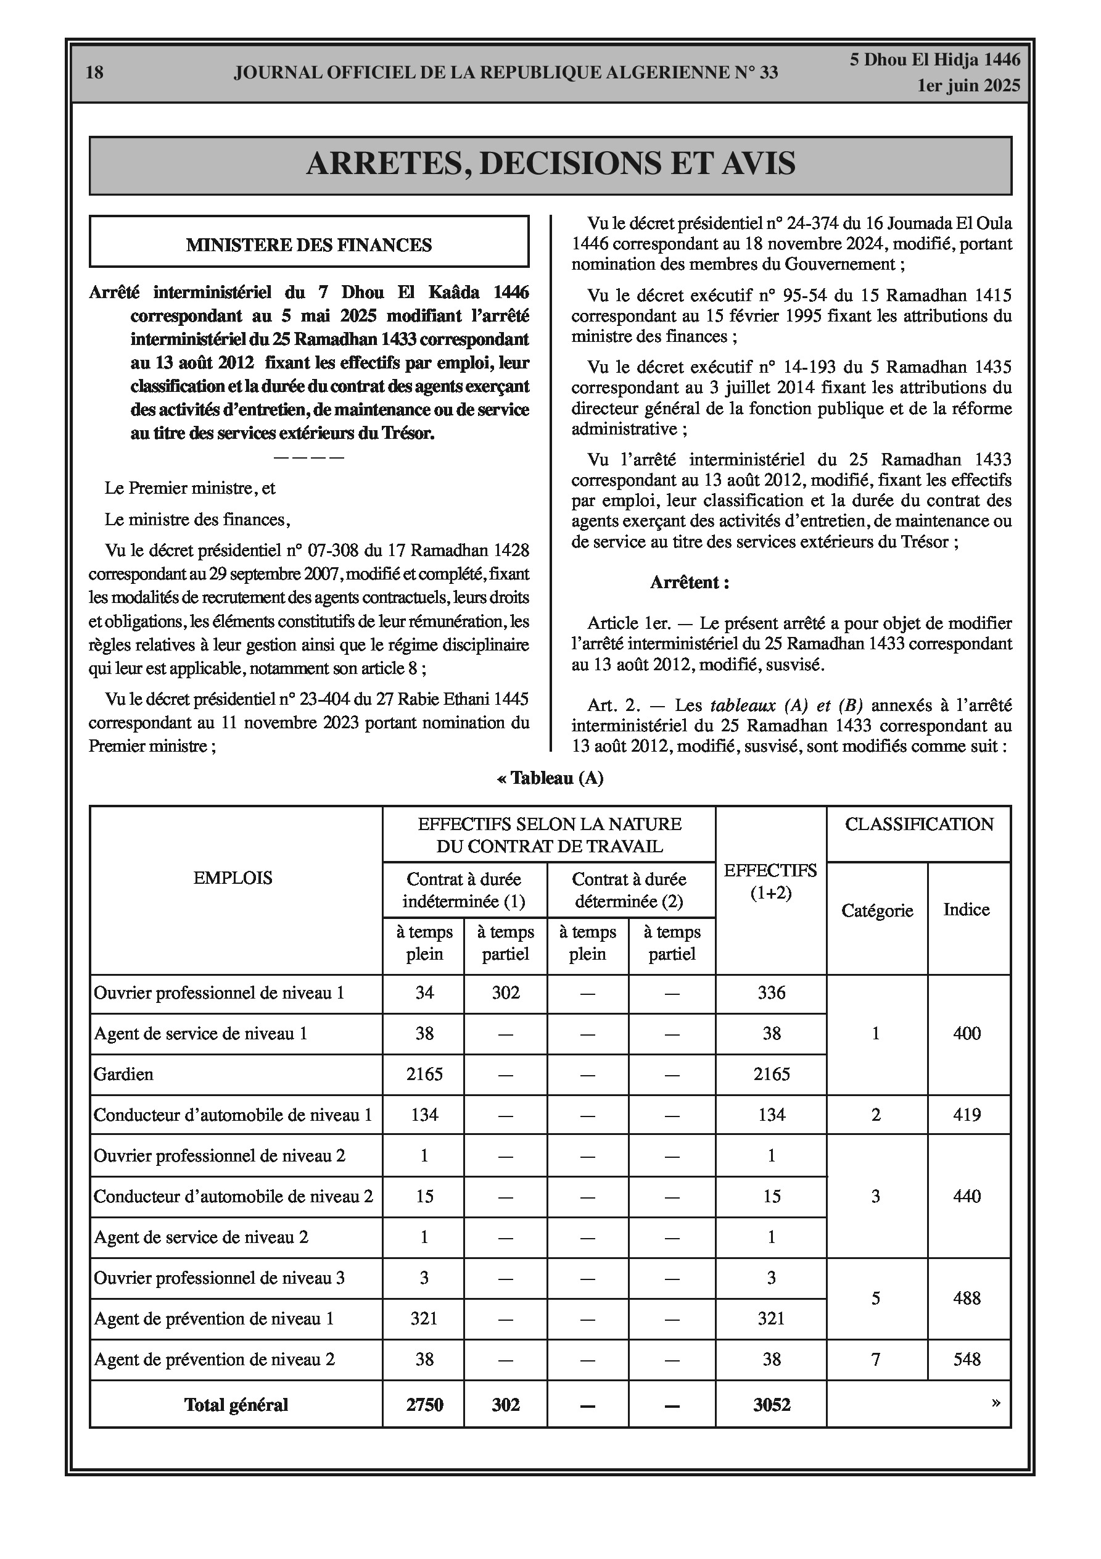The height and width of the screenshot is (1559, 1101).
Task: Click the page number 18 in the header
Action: pyautogui.click(x=94, y=73)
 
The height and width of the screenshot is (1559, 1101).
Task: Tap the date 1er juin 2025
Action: pyautogui.click(x=968, y=86)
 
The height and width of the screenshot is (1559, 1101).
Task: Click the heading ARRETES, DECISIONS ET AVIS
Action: pyautogui.click(x=550, y=164)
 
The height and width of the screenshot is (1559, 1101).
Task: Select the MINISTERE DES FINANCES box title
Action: pyautogui.click(x=309, y=245)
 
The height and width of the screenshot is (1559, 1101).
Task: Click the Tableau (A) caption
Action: pyautogui.click(x=550, y=778)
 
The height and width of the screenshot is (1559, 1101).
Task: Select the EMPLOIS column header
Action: pyautogui.click(x=233, y=878)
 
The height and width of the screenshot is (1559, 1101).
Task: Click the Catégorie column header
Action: pyautogui.click(x=877, y=910)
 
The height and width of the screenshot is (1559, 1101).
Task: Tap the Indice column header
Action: pyautogui.click(x=967, y=910)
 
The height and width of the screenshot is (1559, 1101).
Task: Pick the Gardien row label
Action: pyautogui.click(x=123, y=1074)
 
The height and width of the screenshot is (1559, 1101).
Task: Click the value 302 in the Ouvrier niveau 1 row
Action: pyautogui.click(x=506, y=992)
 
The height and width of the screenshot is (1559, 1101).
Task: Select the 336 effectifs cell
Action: pyautogui.click(x=771, y=992)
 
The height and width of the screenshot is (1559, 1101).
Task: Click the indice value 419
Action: pyautogui.click(x=967, y=1115)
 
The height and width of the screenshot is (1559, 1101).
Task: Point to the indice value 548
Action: pyautogui.click(x=967, y=1360)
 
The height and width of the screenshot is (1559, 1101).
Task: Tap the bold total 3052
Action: pyautogui.click(x=772, y=1405)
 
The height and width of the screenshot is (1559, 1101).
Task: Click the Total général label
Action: pyautogui.click(x=236, y=1405)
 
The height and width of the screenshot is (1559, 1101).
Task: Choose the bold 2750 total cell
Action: pyautogui.click(x=424, y=1405)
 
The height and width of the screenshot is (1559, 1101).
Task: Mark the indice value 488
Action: pyautogui.click(x=967, y=1299)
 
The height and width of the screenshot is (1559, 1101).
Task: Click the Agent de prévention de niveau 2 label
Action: pyautogui.click(x=215, y=1360)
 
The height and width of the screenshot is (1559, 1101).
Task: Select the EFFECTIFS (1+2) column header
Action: pyautogui.click(x=771, y=881)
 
